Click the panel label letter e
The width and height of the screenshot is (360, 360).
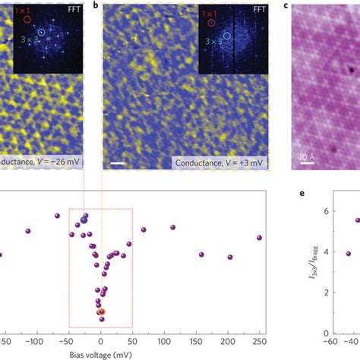[x=302, y=194]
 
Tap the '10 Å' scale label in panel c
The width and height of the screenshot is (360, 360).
[x=305, y=156]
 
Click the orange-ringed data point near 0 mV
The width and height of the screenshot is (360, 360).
[x=101, y=311]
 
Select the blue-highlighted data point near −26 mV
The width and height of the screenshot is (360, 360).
[x=84, y=220]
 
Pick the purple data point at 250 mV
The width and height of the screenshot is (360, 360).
[x=259, y=238]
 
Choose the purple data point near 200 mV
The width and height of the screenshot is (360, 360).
[x=229, y=257]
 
